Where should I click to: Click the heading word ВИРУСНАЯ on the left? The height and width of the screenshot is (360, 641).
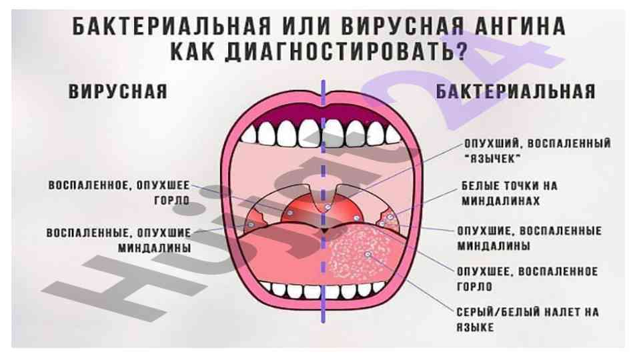click(118, 91)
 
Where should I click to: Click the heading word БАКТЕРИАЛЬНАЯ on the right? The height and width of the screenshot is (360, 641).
click(515, 91)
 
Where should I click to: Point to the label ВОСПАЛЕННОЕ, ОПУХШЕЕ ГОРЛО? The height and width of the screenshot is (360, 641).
click(119, 191)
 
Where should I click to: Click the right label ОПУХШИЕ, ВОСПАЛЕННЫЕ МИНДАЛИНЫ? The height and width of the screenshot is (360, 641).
click(528, 238)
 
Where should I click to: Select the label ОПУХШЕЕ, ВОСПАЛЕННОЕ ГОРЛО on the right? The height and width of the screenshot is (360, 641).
click(526, 279)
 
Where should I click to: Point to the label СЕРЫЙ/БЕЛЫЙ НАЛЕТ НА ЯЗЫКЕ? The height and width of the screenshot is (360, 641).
click(527, 319)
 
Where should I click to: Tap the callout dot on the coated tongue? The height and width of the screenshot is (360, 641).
click(367, 255)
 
